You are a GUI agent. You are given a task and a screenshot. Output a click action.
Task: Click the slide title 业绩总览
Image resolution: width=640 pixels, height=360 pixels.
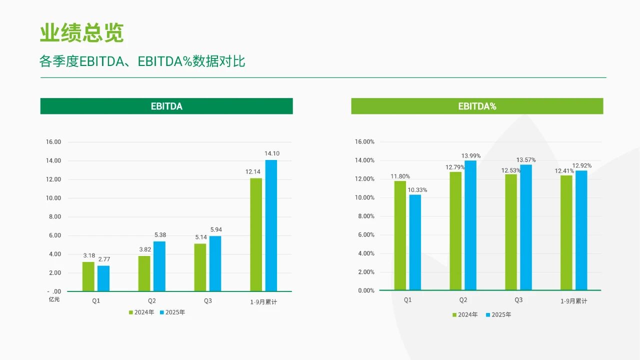coord(81,33)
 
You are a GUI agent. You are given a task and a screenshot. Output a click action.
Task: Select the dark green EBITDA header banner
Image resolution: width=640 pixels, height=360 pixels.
coord(166,106)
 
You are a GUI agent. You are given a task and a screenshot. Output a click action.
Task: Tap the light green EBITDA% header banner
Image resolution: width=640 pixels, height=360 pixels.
coord(476,106)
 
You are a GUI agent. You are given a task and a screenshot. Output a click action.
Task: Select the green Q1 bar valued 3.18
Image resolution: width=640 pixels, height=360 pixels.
coord(88,276)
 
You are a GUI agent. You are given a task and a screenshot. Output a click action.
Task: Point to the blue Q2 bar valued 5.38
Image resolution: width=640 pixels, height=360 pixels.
coord(159,266)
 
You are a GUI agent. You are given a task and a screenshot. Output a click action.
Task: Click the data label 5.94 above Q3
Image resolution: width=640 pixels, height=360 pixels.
coord(215,229)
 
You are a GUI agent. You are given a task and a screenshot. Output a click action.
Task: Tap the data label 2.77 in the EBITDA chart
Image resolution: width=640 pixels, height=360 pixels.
coord(103,259)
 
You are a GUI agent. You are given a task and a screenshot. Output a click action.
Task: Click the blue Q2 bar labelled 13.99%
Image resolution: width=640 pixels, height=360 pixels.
coord(470,225)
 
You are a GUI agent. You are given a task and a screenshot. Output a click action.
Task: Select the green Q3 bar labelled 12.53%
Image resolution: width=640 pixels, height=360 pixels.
coord(511,232)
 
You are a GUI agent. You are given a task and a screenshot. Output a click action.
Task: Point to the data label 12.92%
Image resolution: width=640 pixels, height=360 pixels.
coord(581,165)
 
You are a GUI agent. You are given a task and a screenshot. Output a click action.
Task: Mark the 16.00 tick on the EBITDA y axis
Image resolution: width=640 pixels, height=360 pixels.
coord(53,142)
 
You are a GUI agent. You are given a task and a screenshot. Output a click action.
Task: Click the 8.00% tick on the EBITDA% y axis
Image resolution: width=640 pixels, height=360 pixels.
coord(365,216)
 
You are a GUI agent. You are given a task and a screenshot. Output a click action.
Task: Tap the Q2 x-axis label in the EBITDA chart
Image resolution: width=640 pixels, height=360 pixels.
coord(151,301)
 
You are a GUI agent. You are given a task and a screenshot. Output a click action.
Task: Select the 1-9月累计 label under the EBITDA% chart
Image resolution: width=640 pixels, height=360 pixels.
coord(573,301)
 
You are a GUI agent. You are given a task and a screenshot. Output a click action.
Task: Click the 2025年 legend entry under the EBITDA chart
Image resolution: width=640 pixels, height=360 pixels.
coord(172,312)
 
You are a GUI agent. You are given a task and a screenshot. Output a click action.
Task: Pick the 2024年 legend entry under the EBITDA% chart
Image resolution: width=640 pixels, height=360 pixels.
coord(465,315)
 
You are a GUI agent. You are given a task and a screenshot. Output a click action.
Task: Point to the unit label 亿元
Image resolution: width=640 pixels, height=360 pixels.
coord(54,299)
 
